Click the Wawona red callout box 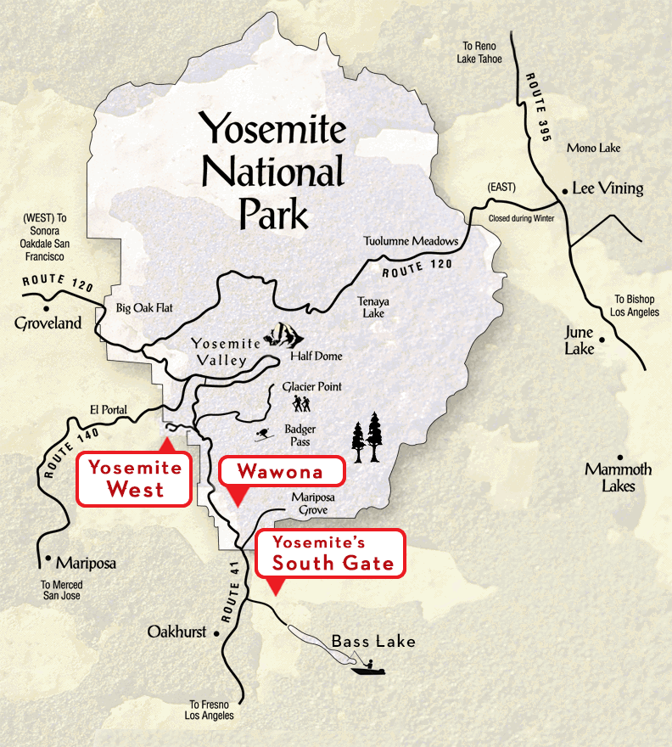[282, 471]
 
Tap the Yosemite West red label [134, 480]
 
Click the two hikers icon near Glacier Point [302, 403]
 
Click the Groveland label [48, 323]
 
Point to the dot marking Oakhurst [218, 633]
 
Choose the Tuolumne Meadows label [411, 241]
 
